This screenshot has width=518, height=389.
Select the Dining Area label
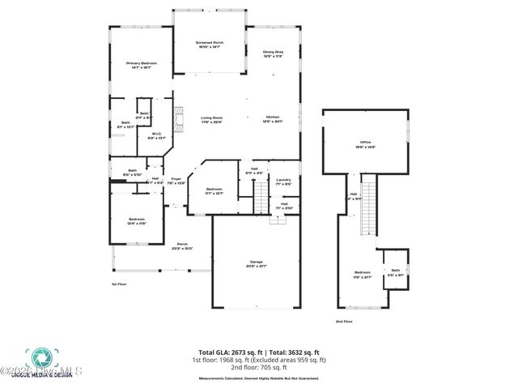pos(272,54)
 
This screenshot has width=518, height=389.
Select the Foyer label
pos(176,181)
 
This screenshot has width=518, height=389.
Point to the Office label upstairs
pos(376,144)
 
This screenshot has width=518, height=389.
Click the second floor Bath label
pos(396,271)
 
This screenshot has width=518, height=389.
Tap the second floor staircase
pos(370,206)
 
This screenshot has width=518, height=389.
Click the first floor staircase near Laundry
pos(261,197)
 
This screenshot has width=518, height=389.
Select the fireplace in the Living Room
pos(183,118)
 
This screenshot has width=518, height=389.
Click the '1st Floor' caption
pos(119,284)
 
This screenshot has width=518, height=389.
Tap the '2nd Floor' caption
pos(344,322)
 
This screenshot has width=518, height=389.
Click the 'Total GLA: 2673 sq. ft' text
pos(220,353)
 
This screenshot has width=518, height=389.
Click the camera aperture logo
pos(38,357)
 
